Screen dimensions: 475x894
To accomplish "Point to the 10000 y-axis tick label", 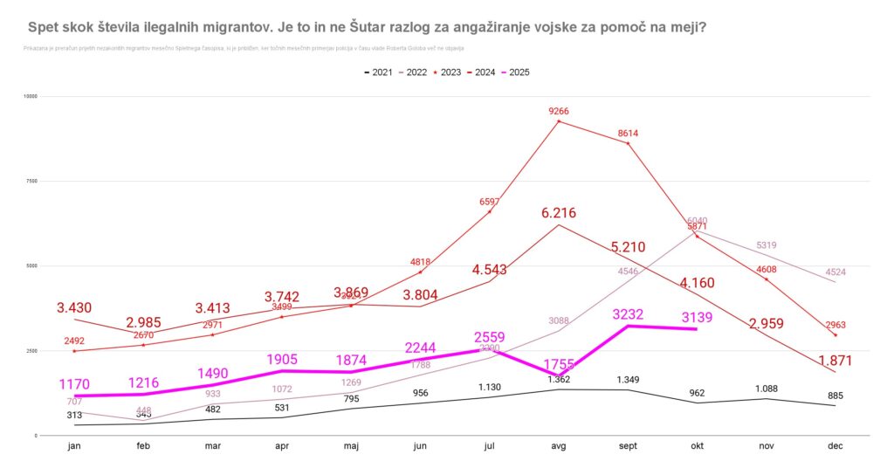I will coord(31,96).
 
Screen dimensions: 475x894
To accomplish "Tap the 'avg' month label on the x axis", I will coord(559,445).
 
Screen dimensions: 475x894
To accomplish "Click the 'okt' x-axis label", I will coord(697,445).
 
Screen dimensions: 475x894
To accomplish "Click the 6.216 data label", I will coord(559,213).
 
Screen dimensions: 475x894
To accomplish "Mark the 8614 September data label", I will coord(628,133).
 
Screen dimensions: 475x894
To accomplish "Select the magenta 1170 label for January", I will coord(75,384).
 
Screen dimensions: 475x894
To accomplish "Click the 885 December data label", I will coord(835,396).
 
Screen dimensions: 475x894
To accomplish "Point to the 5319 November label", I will coord(766,245).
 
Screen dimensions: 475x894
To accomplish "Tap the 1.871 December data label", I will coord(835,361).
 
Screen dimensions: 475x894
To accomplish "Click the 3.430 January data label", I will coord(74,308).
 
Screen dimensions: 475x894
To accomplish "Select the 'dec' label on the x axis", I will coord(835,445).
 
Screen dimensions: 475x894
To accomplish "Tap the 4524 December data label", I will coord(835,272).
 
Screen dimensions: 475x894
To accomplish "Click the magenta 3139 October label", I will coord(697,317).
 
